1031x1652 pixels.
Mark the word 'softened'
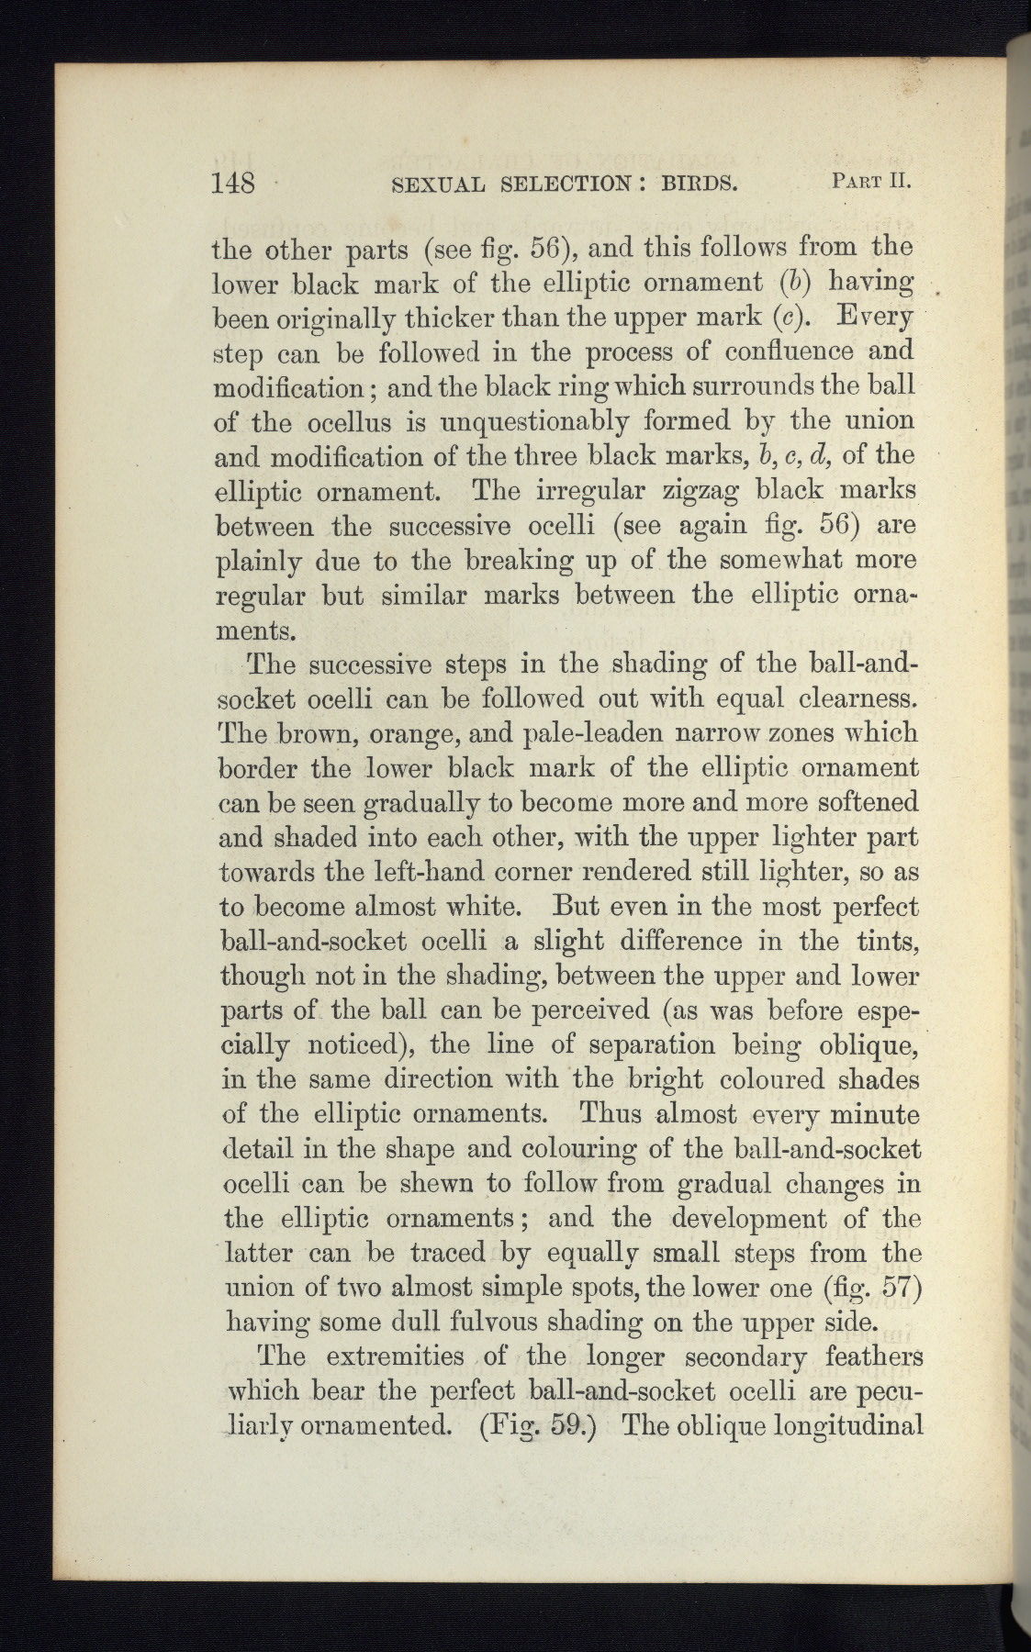click(860, 802)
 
